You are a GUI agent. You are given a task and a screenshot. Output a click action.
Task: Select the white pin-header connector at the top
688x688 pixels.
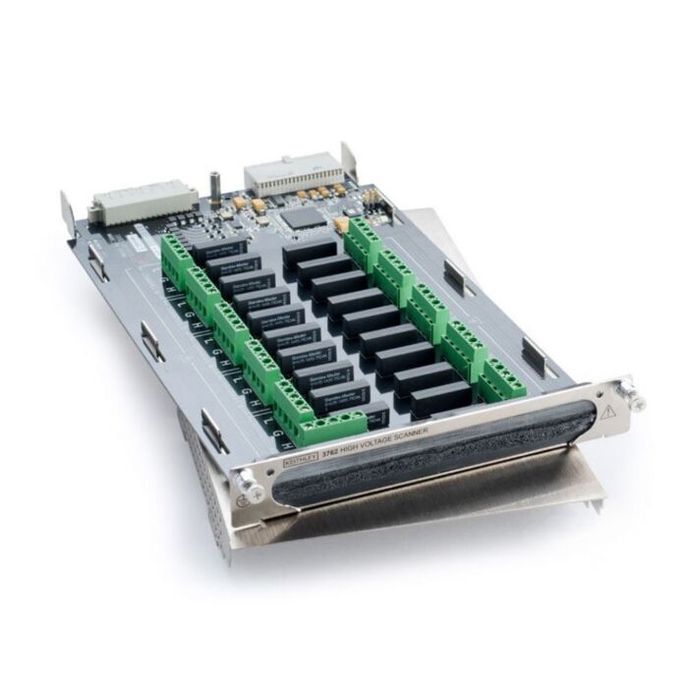pos(286,173)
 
